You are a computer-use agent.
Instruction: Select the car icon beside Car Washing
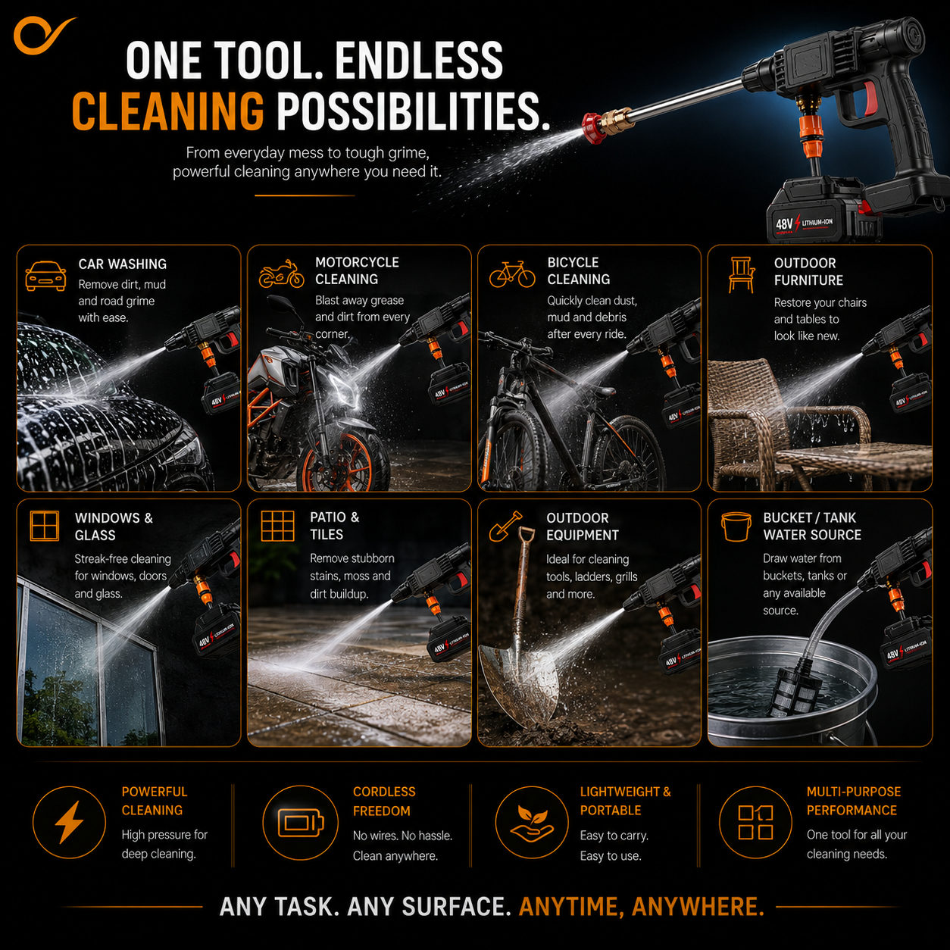[45, 276]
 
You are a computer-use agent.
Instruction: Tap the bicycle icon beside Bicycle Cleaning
[512, 274]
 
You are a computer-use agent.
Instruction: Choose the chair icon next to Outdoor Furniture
[742, 274]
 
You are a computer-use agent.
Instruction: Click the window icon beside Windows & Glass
[45, 526]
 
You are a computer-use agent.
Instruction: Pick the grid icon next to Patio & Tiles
[277, 526]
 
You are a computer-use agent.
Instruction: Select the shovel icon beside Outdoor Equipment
[505, 526]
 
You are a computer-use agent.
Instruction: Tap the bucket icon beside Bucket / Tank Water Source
[736, 527]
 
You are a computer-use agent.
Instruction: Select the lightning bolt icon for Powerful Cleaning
[69, 822]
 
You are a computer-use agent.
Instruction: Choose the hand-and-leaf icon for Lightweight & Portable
[531, 822]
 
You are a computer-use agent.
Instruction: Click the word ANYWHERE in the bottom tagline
[698, 906]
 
